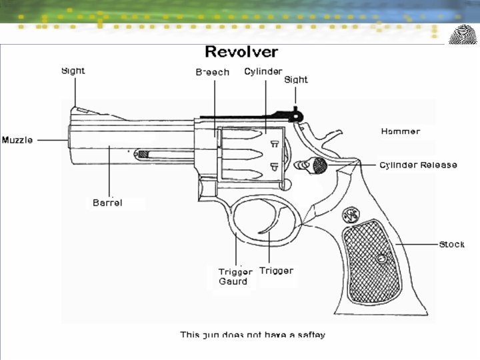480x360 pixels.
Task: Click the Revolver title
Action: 241,52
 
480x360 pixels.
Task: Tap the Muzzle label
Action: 18,140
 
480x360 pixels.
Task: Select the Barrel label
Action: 107,203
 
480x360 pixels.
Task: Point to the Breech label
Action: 212,73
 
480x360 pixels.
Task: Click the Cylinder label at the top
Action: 263,71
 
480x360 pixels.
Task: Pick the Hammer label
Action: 401,131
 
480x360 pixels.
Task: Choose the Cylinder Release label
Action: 418,165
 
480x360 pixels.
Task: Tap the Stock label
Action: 451,245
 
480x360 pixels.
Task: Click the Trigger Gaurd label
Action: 235,277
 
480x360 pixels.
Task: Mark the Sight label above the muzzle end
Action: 73,71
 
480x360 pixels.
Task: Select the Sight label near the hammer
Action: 296,80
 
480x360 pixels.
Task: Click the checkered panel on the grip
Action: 372,260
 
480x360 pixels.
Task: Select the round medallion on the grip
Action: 350,216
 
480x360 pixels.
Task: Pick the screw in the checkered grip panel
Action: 381,259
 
